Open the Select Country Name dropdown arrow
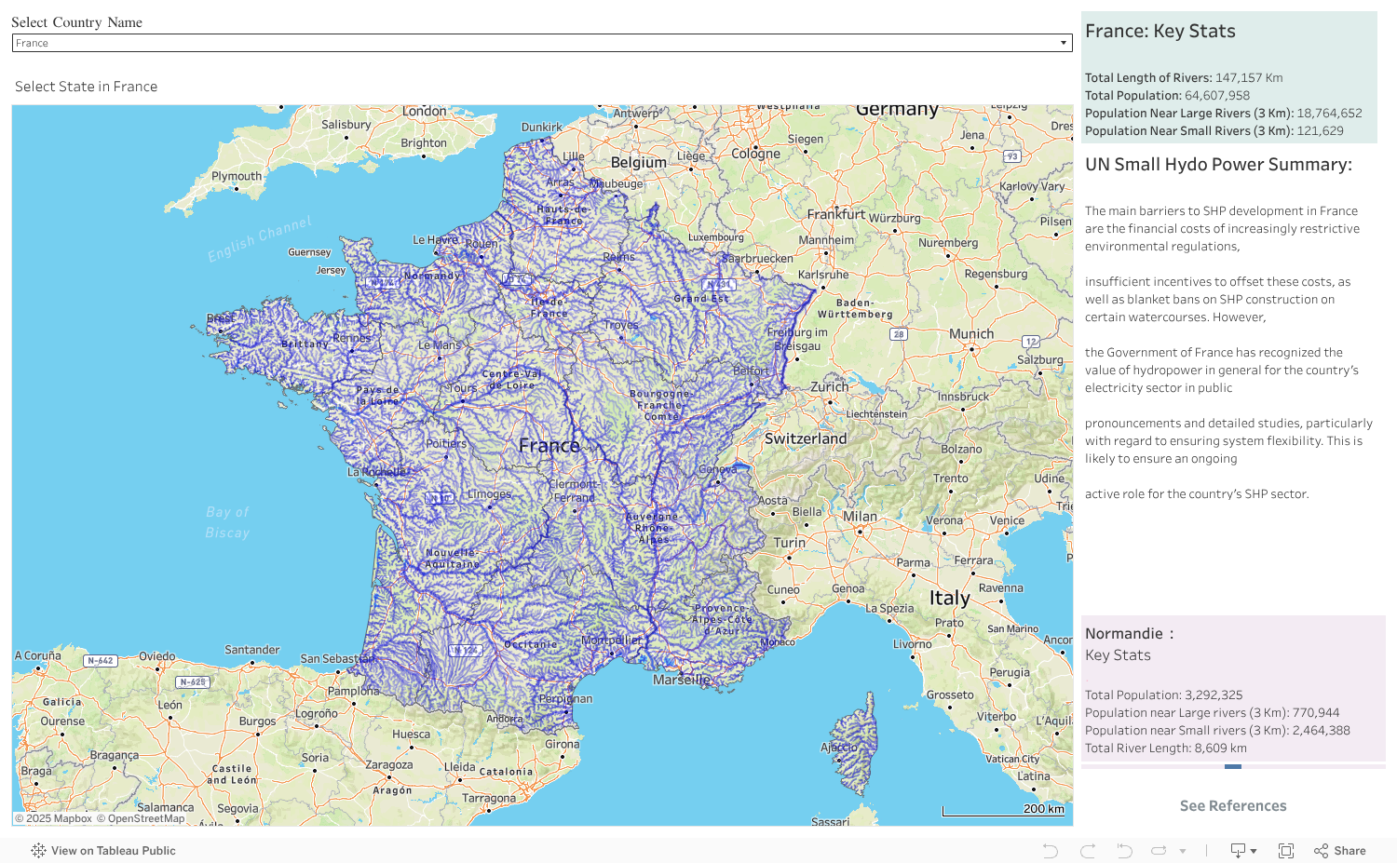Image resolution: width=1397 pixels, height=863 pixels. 1063,43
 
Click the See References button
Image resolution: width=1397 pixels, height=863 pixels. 1232,806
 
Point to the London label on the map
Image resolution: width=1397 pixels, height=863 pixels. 425,112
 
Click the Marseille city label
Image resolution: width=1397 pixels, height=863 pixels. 681,680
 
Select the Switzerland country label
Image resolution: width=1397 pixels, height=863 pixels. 806,438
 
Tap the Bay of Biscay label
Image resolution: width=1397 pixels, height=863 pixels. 227,522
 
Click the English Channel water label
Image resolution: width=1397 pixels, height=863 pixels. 260,238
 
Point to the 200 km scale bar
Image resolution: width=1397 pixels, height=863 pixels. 1003,810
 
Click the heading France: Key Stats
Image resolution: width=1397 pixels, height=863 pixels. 1160,32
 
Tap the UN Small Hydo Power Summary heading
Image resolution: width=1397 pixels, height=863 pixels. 1218,165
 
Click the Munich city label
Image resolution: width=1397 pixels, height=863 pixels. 971,334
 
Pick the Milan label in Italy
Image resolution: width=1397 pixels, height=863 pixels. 860,517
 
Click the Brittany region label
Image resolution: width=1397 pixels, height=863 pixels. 305,344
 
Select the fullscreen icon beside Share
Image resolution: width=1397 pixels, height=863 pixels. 1286,851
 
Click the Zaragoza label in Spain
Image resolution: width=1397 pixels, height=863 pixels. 388,765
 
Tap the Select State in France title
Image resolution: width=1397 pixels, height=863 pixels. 86,87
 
